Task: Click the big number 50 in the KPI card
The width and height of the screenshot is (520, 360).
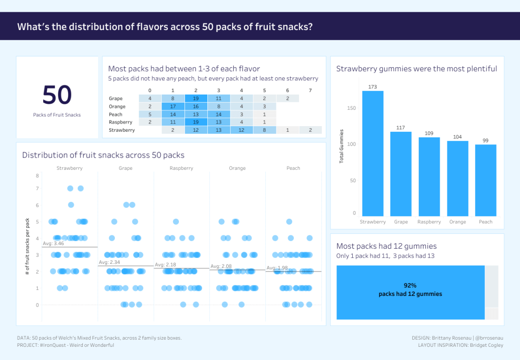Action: coord(57,96)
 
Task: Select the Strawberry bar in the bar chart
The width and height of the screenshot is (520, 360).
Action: coord(373,153)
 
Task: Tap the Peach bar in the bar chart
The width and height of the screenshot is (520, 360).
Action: coord(485,180)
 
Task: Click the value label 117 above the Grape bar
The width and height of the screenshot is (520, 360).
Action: coord(401,128)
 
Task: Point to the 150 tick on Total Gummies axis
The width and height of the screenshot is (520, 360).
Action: coord(352,108)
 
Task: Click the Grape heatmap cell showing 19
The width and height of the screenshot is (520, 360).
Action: coord(196,99)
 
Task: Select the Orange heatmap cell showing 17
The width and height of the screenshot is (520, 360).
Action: coord(173,107)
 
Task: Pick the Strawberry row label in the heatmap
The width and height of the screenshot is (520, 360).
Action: coord(122,130)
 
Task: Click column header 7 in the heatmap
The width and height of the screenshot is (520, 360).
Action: coord(310,91)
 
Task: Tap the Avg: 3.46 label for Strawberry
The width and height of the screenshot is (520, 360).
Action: coord(53,244)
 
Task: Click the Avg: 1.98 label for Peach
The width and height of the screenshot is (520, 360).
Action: coord(277,268)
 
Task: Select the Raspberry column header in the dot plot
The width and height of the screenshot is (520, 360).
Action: coord(181,168)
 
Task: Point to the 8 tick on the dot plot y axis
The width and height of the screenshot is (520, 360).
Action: coord(37,176)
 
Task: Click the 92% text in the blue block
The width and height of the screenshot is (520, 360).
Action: coord(410,286)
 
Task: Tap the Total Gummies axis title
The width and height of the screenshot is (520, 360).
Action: coord(341,146)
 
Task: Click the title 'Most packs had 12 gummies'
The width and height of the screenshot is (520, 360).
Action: coord(386,247)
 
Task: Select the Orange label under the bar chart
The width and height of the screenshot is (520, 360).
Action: coord(457,222)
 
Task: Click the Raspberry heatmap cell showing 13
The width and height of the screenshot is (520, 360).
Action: coord(219,123)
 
